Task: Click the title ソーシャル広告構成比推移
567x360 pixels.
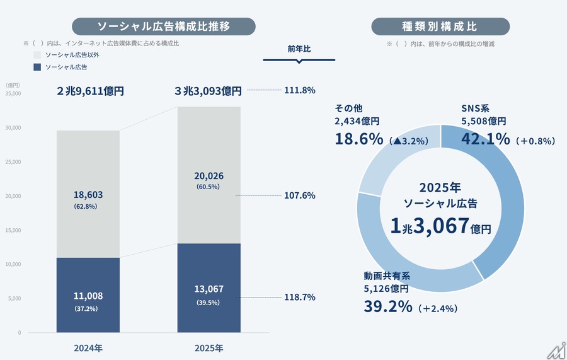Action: coord(163,26)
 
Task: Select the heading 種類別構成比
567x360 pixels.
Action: coord(440,26)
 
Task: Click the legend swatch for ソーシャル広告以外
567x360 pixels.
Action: coord(37,55)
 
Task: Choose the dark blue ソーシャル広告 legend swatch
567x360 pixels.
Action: coord(37,67)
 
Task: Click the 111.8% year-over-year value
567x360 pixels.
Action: coord(300,90)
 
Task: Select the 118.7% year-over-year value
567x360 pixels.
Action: coord(300,297)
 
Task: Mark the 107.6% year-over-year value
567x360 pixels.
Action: coord(300,195)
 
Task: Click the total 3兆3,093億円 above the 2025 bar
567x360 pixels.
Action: coord(209,91)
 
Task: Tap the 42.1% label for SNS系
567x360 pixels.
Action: coord(485,139)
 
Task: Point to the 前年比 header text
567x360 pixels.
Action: coord(299,49)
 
